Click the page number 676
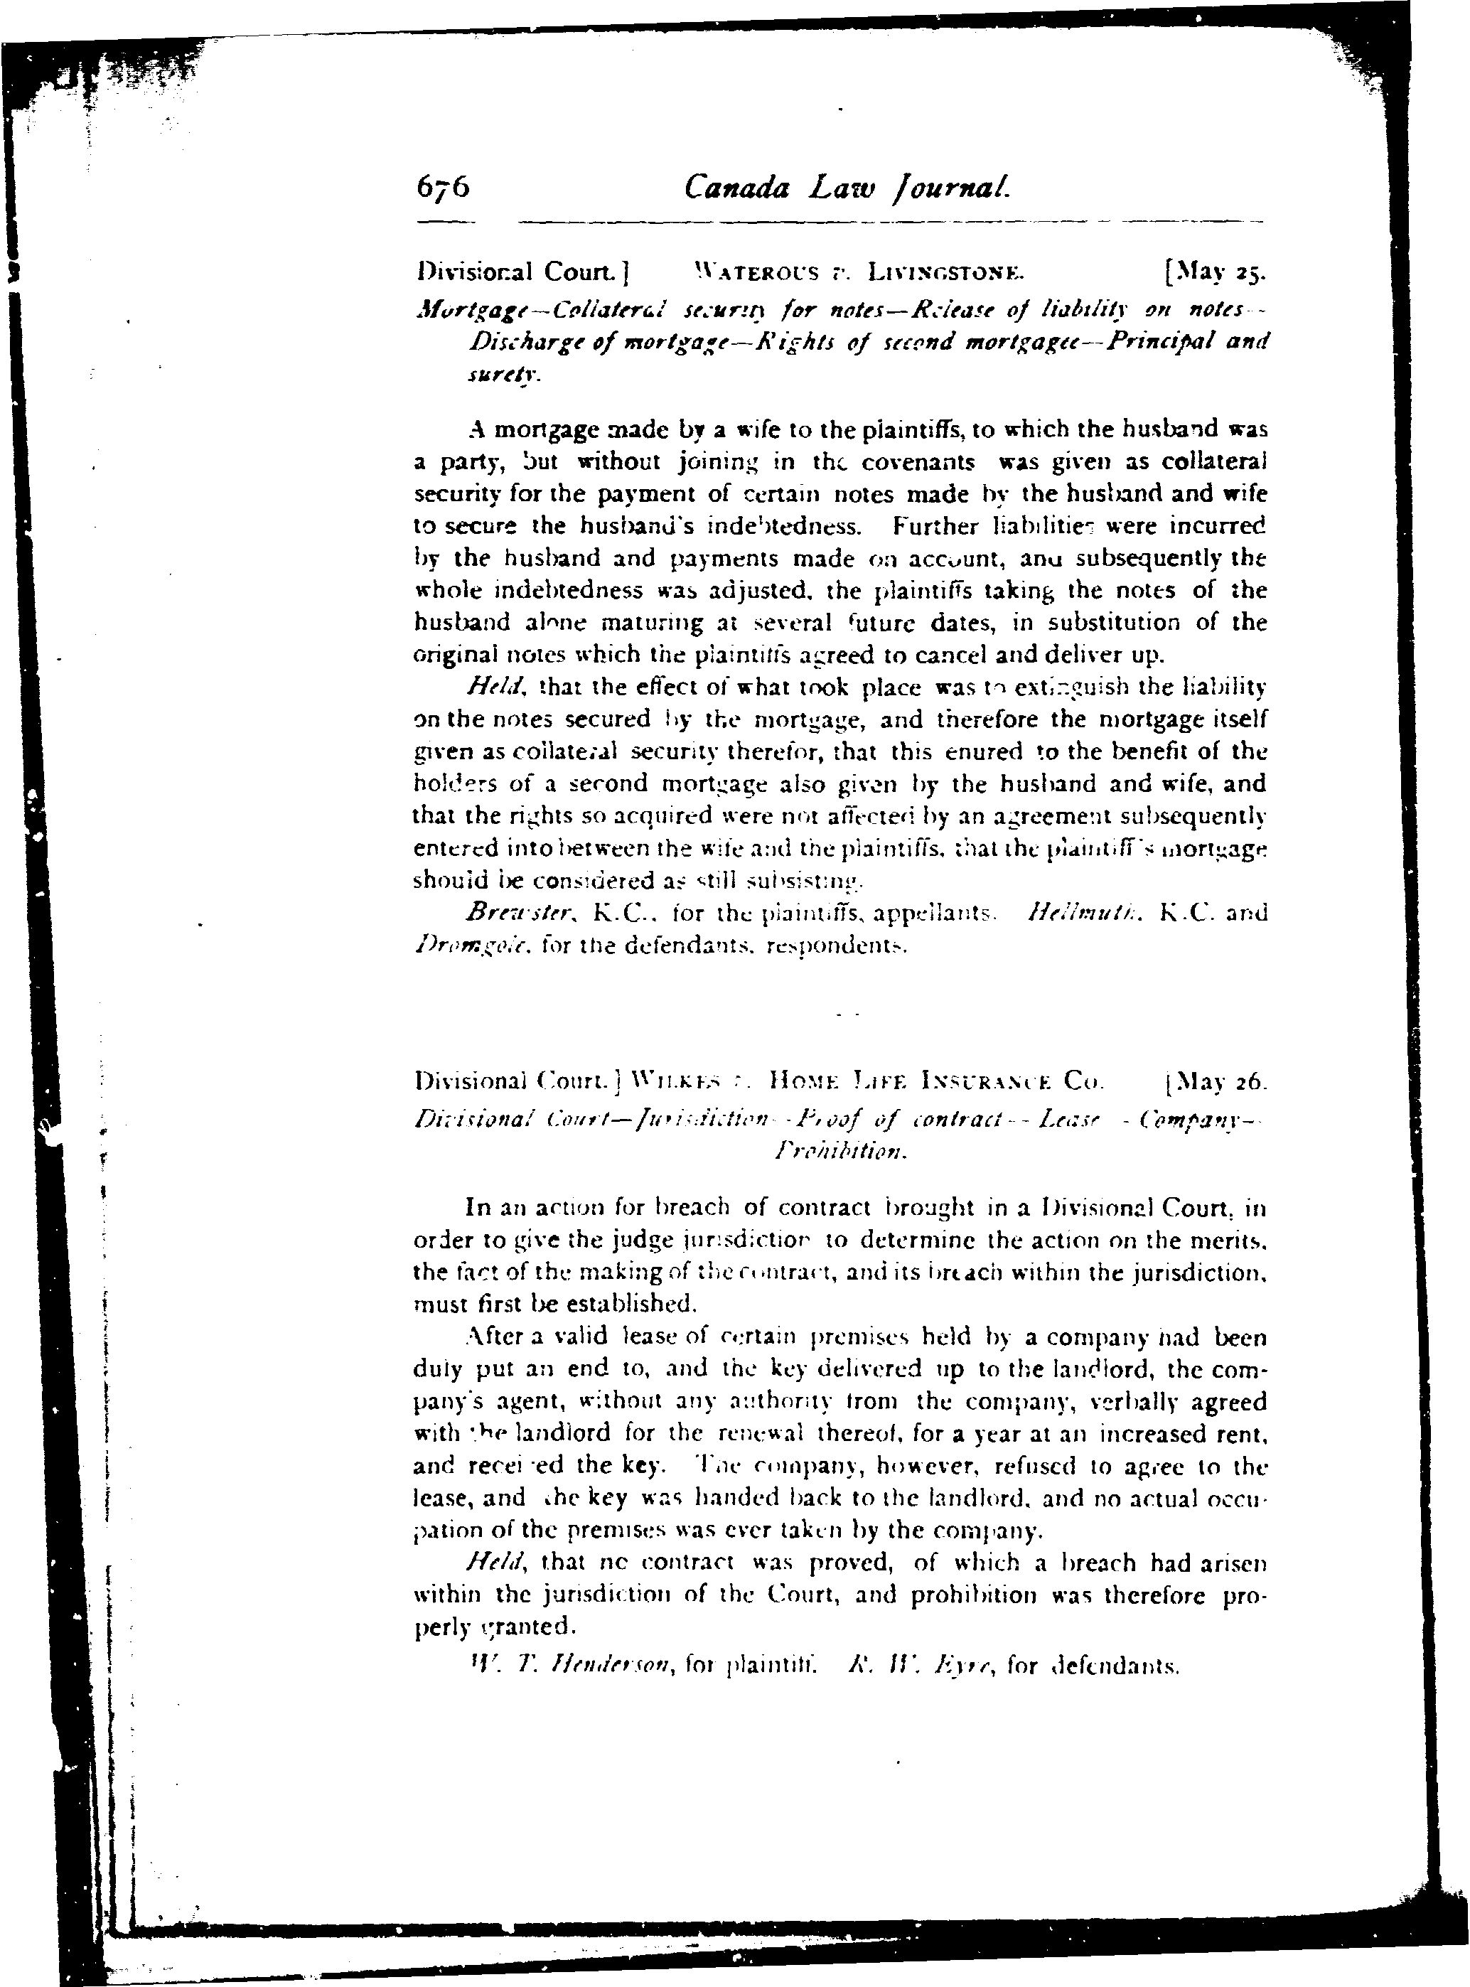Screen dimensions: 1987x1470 pyautogui.click(x=442, y=188)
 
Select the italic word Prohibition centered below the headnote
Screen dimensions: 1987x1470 pyautogui.click(x=840, y=1152)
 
